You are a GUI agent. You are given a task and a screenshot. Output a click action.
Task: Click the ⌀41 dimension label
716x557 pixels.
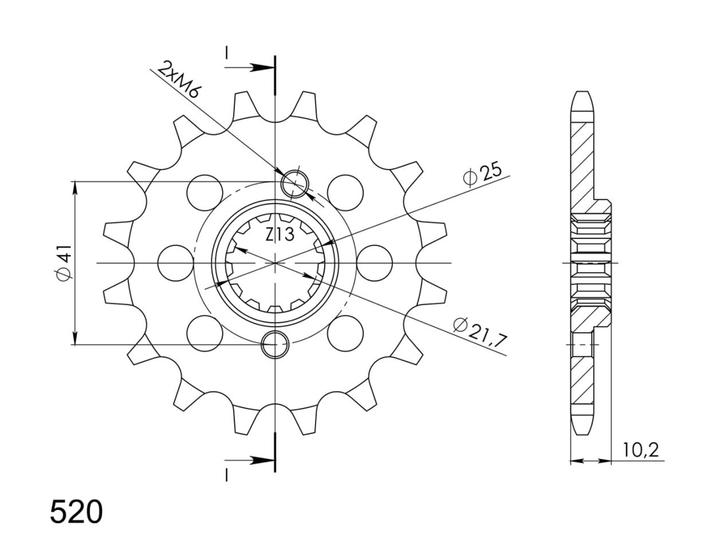[x=64, y=263]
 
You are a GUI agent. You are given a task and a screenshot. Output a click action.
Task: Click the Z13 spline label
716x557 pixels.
[x=280, y=235]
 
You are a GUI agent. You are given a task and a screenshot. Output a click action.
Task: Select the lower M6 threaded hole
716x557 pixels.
[x=275, y=344]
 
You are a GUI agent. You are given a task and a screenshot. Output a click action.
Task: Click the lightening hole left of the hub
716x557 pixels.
[x=175, y=263]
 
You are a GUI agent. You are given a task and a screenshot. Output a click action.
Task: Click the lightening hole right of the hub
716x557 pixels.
[x=375, y=263]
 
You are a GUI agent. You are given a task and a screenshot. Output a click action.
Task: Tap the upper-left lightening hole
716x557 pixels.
[x=205, y=192]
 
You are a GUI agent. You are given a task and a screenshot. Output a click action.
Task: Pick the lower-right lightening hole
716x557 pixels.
[x=345, y=333]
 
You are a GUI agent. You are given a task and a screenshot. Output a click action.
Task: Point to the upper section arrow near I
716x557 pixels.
[x=249, y=67]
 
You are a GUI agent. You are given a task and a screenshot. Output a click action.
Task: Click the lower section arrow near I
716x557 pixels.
[x=249, y=460]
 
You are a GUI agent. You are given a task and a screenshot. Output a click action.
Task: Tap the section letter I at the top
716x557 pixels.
[x=226, y=53]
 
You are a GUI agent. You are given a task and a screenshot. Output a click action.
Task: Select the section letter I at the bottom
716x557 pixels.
[x=226, y=475]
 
